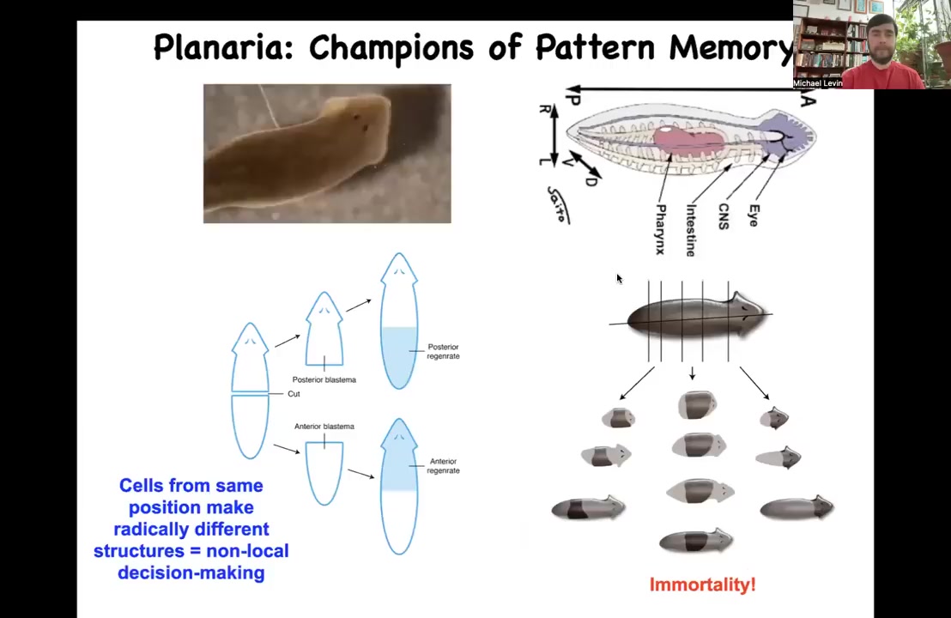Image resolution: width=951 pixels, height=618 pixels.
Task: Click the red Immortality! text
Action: click(702, 585)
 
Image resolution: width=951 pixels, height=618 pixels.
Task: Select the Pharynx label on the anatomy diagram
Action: click(660, 229)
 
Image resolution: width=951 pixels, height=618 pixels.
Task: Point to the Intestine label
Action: click(691, 230)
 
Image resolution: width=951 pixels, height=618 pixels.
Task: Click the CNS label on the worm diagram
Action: click(724, 216)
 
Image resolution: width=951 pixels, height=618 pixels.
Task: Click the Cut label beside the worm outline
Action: click(294, 394)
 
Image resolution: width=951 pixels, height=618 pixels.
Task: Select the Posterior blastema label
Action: click(324, 379)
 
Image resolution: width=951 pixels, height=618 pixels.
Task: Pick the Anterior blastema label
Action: click(324, 426)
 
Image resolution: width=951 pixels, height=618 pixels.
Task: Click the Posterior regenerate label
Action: click(443, 351)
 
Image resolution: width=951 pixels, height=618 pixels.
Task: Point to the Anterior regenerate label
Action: click(443, 465)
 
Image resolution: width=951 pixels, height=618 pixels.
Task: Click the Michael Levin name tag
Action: click(817, 83)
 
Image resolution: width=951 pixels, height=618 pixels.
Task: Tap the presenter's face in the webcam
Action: click(881, 43)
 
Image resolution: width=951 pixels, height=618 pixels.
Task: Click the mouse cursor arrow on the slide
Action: click(618, 278)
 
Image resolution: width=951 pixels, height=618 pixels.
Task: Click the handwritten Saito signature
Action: click(557, 204)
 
